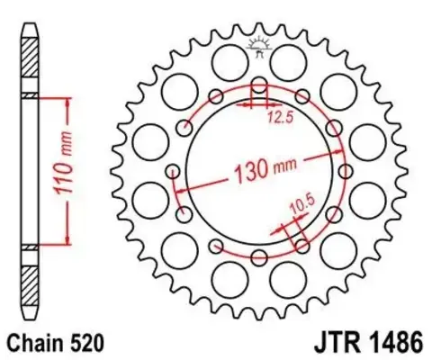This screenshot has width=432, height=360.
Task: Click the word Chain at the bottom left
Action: [x=37, y=343]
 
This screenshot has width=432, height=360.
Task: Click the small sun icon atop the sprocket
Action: [x=259, y=45]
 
